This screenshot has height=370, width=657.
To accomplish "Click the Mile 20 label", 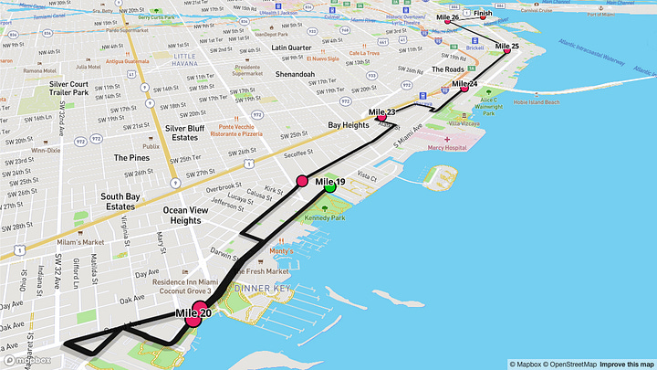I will [194, 314].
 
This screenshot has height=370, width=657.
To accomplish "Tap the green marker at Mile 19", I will [330, 188].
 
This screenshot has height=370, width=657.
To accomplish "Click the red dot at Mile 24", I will [464, 89].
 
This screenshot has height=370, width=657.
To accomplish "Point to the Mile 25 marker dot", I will [507, 51].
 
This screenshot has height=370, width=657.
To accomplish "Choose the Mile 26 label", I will [448, 17].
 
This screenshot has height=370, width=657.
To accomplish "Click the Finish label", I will [483, 14].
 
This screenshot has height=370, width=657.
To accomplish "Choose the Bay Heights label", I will [348, 124].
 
